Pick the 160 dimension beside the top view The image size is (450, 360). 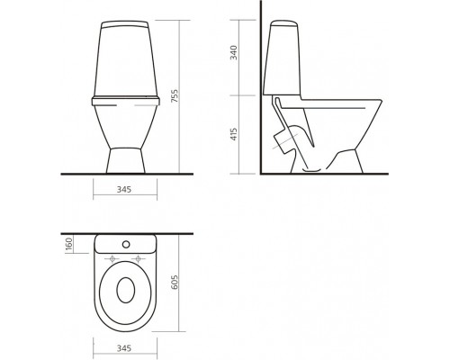[x=67, y=244]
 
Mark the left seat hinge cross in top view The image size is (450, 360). [x=111, y=261]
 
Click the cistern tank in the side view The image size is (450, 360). [x=281, y=54]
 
